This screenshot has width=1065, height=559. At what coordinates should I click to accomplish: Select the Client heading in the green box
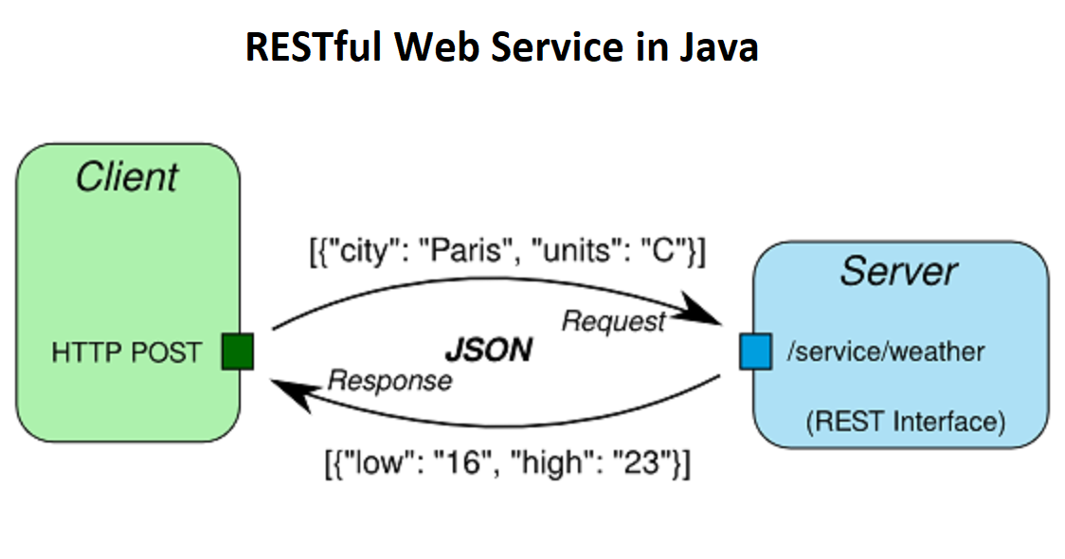[x=127, y=177]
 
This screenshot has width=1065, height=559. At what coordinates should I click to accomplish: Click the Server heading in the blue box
[x=898, y=272]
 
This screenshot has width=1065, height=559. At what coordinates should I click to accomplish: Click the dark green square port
[x=237, y=352]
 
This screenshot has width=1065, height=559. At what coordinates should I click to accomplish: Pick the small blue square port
[x=755, y=352]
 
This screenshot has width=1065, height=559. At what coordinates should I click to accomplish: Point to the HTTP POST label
[x=126, y=352]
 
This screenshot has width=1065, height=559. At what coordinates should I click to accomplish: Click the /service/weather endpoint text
[x=885, y=352]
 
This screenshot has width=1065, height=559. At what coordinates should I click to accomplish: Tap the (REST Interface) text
[x=905, y=421]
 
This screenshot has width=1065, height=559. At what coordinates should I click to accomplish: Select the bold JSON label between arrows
[x=488, y=351]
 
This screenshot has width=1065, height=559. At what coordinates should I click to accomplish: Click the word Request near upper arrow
[x=614, y=321]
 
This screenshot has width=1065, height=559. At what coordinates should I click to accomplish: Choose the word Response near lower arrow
[x=389, y=381]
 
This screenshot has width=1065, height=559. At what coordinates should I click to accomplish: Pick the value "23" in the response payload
[x=646, y=464]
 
